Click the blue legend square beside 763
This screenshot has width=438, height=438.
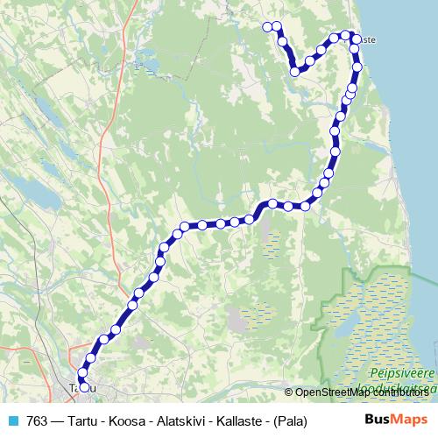[x=13, y=421]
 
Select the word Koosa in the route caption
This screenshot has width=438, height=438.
[x=123, y=421]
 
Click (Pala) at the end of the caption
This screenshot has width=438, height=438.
[x=288, y=421]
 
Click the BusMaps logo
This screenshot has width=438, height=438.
[x=393, y=420]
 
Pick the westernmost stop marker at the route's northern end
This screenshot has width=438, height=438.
[x=268, y=27]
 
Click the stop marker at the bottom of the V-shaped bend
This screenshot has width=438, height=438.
[x=295, y=72]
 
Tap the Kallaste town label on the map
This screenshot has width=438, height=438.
[x=367, y=39]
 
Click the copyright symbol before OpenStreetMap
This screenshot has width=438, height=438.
[x=289, y=392]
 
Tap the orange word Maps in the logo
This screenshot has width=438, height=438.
[x=407, y=420]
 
